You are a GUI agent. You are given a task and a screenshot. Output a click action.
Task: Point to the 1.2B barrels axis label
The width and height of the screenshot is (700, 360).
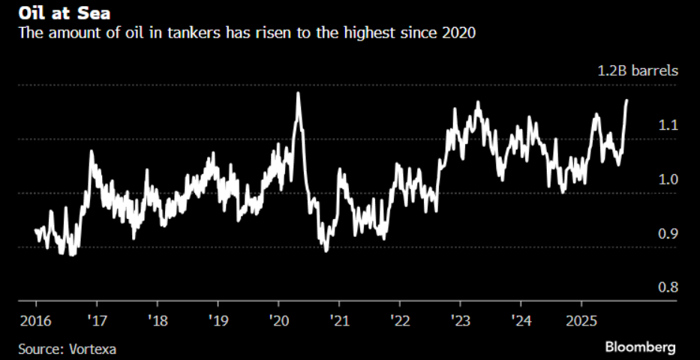coord(638,71)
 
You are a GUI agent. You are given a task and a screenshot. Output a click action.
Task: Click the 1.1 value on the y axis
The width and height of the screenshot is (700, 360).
coord(668,125)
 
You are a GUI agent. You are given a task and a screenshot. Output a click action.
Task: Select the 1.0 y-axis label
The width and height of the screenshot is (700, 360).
coord(668,179)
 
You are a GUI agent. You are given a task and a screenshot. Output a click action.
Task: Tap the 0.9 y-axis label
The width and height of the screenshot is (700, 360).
coord(668,234)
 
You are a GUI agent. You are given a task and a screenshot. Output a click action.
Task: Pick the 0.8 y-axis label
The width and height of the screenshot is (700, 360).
coord(668,288)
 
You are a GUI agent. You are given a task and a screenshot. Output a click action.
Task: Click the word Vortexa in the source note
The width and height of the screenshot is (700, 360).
coord(93,349)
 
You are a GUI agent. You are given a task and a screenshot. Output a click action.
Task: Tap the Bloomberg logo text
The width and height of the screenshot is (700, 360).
coord(641,347)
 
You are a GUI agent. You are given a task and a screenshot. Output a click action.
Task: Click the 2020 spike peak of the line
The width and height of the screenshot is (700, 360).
coord(299,93)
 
